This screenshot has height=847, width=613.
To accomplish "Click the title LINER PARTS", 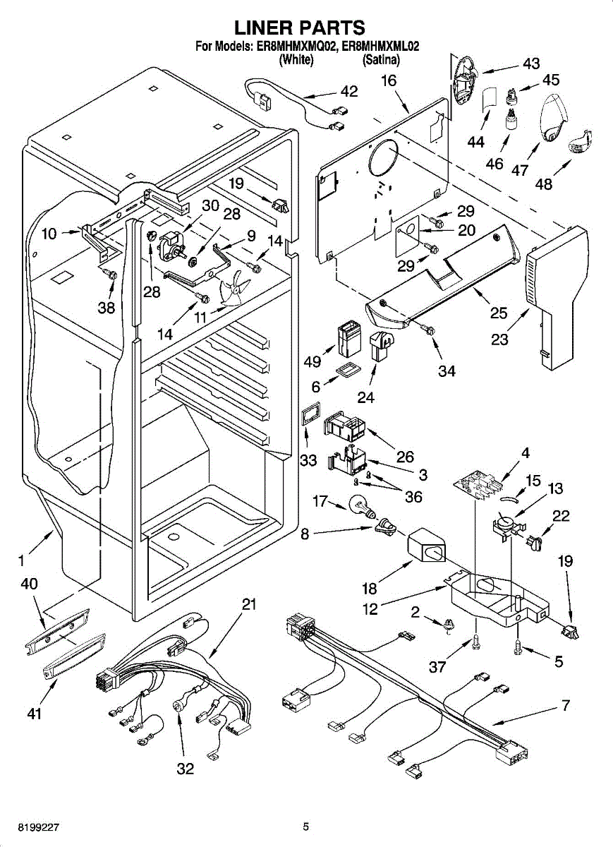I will click(x=299, y=28).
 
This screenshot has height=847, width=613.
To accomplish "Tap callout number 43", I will click(x=531, y=64).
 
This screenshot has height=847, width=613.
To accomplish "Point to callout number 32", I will click(x=185, y=769).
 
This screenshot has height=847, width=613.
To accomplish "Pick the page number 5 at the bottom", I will click(x=305, y=827).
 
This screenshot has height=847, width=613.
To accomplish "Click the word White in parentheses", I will click(x=296, y=61).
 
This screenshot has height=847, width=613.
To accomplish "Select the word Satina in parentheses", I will click(x=381, y=61).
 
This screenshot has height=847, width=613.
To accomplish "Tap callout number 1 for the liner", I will click(x=22, y=563).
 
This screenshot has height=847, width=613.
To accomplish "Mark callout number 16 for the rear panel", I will click(x=389, y=81).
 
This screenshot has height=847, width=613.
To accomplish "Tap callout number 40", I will click(x=30, y=584).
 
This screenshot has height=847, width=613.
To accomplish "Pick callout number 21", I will click(x=248, y=605).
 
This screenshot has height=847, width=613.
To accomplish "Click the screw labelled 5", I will click(x=518, y=646).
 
